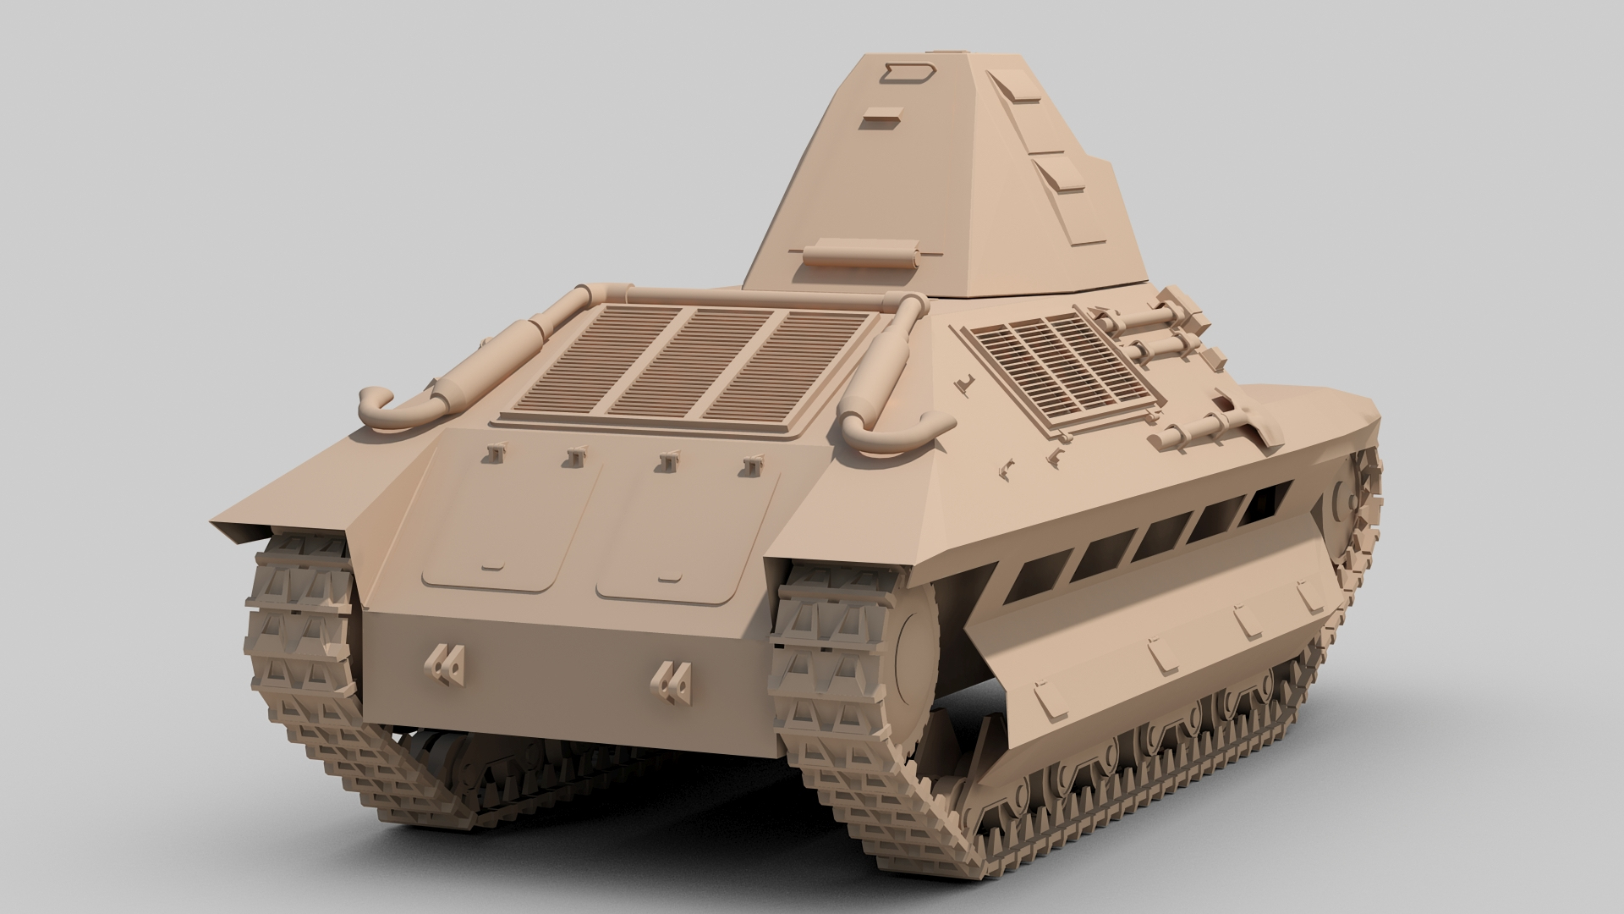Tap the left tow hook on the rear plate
pos(445,663)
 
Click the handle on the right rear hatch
pos(669,579)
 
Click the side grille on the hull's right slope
pos(1057,369)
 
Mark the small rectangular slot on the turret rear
pos(881,118)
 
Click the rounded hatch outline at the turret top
pos(908,73)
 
